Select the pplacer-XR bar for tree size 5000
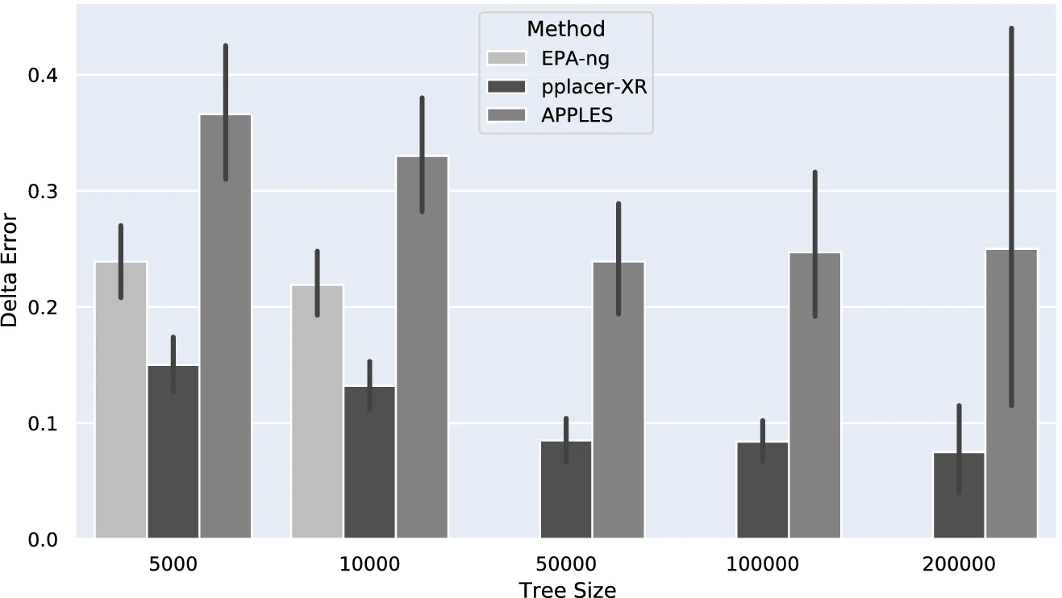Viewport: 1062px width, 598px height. (173, 451)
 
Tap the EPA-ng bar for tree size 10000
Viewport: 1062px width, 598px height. (318, 411)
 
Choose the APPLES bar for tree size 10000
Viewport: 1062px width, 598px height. (422, 347)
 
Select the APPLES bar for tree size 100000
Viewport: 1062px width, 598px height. (815, 395)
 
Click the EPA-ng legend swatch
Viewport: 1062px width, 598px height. (506, 58)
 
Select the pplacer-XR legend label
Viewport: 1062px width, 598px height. (594, 86)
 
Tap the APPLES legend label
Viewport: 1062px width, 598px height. (577, 114)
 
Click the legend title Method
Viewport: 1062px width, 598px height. (566, 30)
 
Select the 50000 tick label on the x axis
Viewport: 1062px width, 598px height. (566, 563)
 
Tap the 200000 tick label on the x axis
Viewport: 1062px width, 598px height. (959, 563)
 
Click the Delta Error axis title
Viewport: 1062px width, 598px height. (10, 269)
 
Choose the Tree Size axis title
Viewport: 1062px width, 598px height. (568, 589)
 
